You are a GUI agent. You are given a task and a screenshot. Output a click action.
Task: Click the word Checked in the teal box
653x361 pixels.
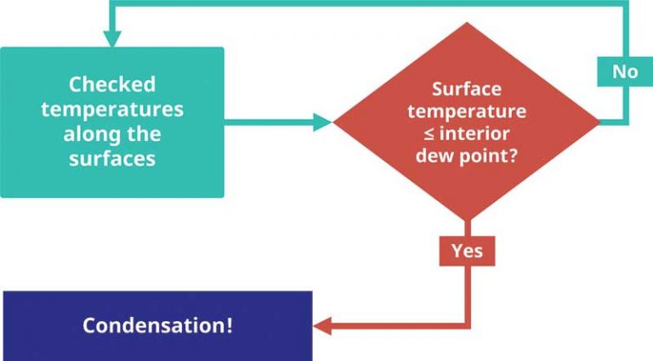[x=112, y=84]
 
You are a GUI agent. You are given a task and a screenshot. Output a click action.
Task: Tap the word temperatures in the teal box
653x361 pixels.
[x=112, y=110]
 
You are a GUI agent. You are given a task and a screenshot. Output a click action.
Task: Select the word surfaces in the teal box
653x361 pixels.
[x=112, y=159]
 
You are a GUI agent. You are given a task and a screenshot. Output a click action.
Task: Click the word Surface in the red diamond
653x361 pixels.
[x=467, y=89]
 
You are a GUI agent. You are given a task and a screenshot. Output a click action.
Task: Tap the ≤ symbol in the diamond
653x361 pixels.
[x=429, y=134]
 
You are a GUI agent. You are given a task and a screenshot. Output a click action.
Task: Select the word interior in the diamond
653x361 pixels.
[x=474, y=133]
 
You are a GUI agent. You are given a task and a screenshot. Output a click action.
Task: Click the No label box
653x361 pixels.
[x=625, y=71]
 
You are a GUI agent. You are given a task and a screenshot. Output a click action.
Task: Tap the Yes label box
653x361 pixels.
[x=468, y=251]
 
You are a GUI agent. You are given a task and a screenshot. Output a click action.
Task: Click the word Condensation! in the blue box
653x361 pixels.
[x=157, y=324]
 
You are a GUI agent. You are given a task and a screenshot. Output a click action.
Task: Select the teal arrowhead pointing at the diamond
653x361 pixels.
[x=323, y=122]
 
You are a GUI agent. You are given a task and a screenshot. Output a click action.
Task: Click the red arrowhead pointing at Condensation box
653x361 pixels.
[x=322, y=325]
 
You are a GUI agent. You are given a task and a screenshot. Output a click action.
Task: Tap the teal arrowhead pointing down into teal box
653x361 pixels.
[x=112, y=39]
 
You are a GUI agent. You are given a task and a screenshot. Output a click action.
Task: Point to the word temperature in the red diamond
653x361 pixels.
[x=467, y=111]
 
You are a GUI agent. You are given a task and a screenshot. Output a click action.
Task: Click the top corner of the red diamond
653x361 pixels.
[x=467, y=22]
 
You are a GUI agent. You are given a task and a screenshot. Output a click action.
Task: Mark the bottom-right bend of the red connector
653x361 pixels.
[x=468, y=325]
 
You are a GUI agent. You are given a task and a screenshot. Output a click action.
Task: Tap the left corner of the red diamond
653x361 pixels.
[x=333, y=122]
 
